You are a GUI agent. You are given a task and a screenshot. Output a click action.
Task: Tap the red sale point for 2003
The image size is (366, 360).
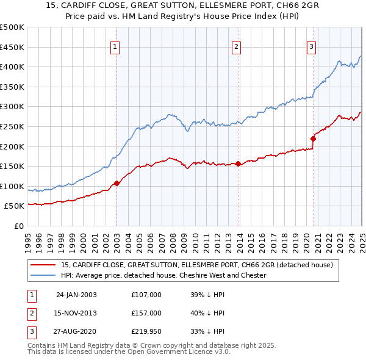(117, 183)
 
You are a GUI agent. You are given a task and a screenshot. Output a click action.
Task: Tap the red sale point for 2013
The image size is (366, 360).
(238, 164)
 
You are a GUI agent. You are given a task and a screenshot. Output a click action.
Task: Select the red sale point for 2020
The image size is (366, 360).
(313, 139)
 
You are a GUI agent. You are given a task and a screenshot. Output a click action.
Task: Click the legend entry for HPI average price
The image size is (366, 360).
(163, 275)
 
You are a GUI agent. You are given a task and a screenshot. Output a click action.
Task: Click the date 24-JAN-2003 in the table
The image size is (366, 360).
(76, 295)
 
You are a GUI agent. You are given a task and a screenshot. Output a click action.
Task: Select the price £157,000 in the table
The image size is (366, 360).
(146, 313)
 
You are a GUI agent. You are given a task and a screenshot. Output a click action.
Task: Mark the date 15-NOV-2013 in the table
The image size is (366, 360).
(76, 313)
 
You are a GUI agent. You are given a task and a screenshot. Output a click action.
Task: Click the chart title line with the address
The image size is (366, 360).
(183, 5)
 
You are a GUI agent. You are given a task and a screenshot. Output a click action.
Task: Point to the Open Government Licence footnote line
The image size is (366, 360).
(129, 351)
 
